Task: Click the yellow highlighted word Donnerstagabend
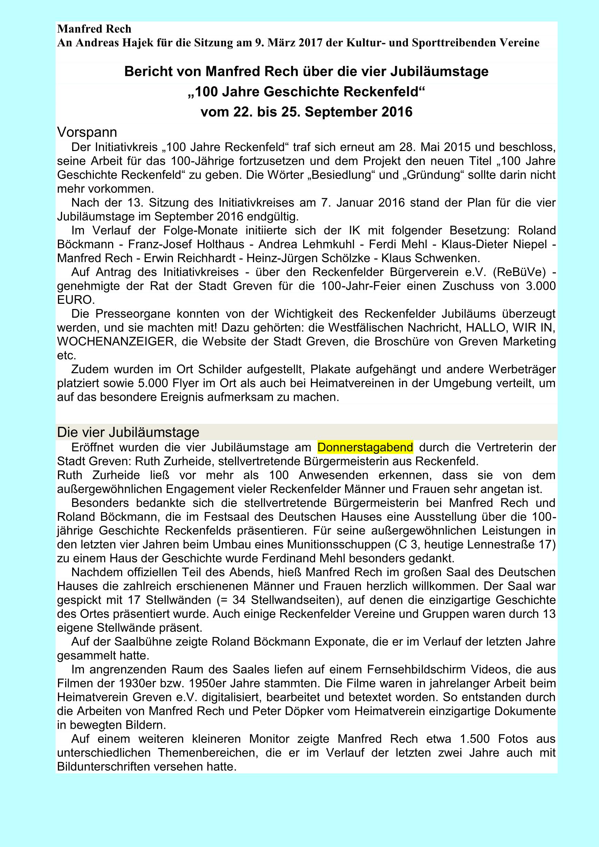(x=365, y=448)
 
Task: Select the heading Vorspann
(x=87, y=132)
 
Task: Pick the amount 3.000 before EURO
(x=537, y=286)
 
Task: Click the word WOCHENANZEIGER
(x=115, y=342)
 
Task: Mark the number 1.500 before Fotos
(x=475, y=739)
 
